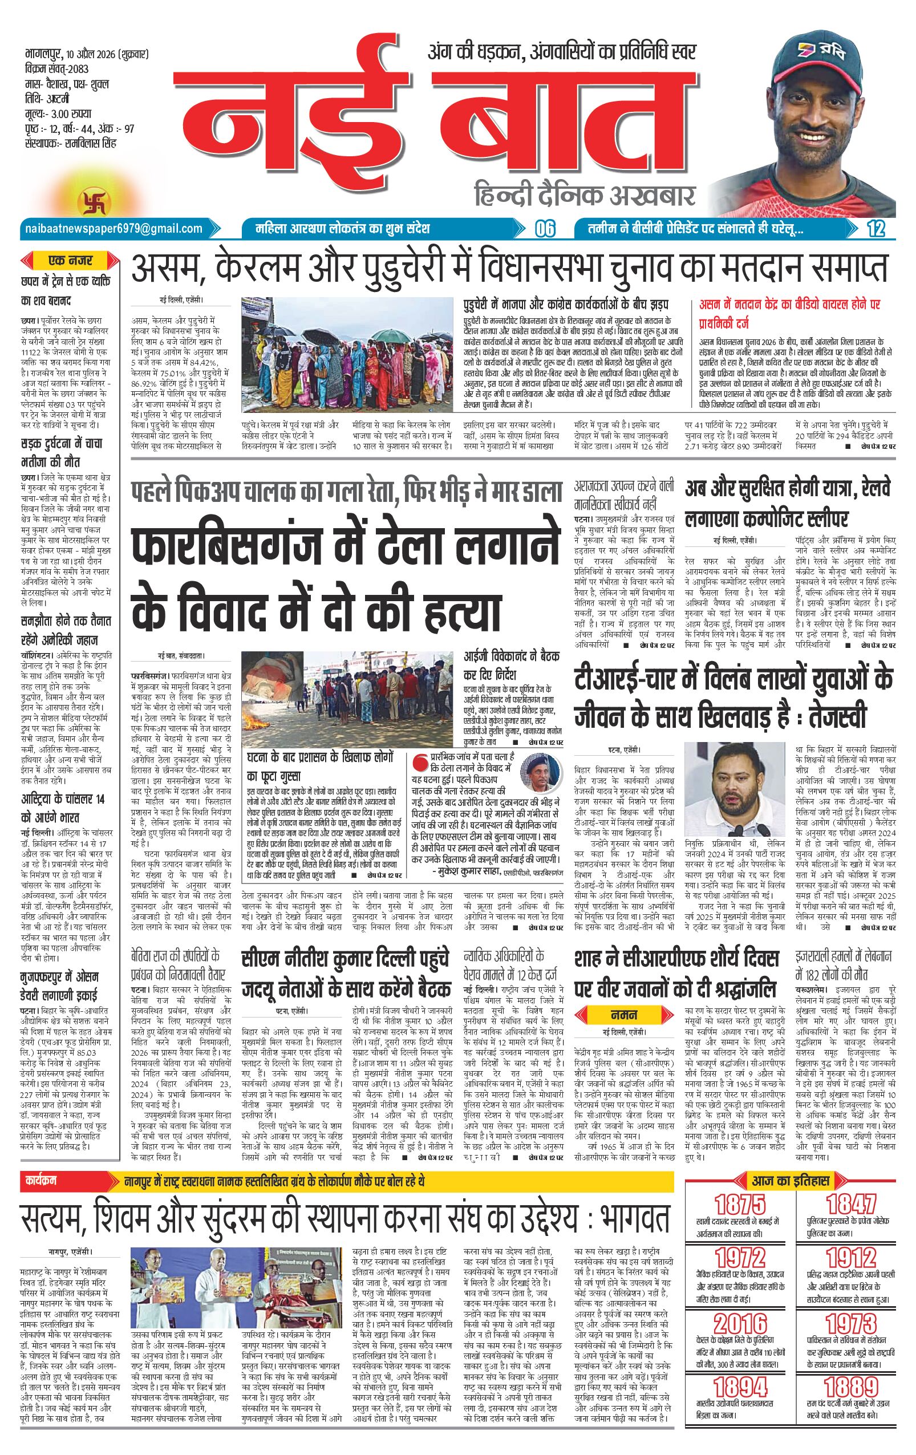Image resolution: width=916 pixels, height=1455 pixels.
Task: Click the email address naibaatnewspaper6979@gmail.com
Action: pyautogui.click(x=113, y=228)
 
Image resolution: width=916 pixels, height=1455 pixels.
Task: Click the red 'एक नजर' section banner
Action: pyautogui.click(x=71, y=262)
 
